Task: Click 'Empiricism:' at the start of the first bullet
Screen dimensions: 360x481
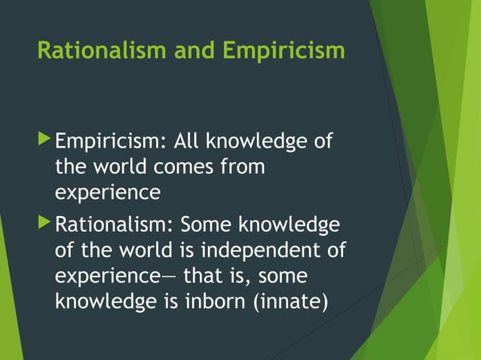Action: [x=111, y=142]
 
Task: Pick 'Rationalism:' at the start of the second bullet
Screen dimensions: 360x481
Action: [x=115, y=225]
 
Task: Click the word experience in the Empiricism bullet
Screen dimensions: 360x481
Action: [x=108, y=193]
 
